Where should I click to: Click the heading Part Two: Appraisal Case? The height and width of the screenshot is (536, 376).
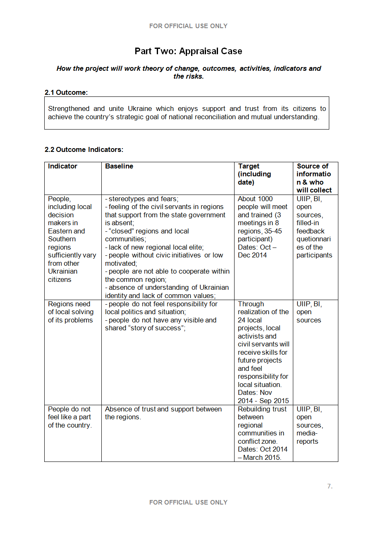(x=188, y=51)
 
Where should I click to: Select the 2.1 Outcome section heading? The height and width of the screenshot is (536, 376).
(x=66, y=93)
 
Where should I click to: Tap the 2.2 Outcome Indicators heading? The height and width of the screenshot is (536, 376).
(x=84, y=149)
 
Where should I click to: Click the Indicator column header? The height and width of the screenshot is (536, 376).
(x=62, y=166)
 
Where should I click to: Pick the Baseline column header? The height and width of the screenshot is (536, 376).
(x=119, y=166)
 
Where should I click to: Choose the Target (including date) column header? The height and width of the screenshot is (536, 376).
(x=254, y=174)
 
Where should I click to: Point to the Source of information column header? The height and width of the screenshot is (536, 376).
(x=314, y=178)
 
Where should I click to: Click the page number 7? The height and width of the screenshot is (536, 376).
(x=329, y=486)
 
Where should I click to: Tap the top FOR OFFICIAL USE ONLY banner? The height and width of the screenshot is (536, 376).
(x=188, y=26)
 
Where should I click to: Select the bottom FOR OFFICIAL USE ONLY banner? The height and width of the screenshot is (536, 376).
(x=188, y=502)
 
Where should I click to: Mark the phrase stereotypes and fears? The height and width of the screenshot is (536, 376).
(x=143, y=199)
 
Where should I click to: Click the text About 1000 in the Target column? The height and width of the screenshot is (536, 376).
(x=255, y=199)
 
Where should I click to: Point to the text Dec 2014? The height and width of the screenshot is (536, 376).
(x=252, y=255)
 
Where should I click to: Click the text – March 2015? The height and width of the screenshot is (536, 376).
(x=260, y=457)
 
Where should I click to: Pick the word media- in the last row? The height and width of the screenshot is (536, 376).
(x=307, y=433)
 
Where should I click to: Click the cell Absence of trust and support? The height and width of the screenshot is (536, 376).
(x=163, y=409)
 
